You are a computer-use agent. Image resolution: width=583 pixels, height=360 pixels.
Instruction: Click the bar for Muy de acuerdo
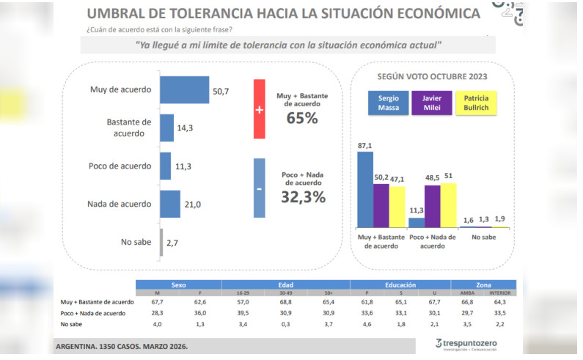184,90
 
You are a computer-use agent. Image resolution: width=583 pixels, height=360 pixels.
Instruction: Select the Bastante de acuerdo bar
166,127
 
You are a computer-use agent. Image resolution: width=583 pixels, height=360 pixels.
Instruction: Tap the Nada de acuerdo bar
169,204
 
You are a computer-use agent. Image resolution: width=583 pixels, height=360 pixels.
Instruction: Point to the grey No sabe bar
161,241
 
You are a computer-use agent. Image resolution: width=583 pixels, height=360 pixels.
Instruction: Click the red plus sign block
259,109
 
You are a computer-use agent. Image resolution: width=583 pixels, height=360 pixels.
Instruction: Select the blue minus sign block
259,188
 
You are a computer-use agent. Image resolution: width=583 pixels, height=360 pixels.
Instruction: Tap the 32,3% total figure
303,196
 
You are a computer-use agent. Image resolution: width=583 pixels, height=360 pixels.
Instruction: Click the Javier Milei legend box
432,103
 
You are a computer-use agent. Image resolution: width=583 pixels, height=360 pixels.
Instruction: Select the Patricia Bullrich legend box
477,103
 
